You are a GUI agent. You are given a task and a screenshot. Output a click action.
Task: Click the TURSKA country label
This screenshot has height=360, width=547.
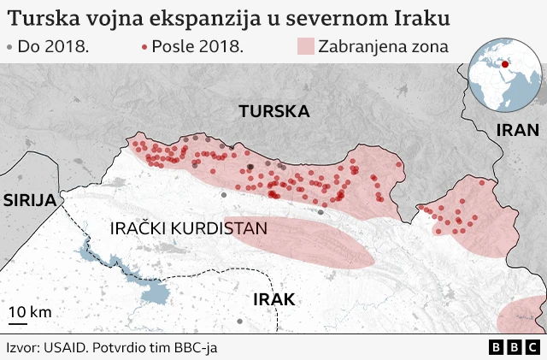pos(273,111)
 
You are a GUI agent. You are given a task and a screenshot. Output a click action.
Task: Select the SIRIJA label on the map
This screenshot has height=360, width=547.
pos(29,200)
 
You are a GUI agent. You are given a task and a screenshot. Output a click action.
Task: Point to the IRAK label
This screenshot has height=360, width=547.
pos(273,299)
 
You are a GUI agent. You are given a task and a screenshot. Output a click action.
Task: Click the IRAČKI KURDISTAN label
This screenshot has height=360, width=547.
pos(189,228)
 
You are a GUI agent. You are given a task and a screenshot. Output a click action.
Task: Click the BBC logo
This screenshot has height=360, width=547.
pos(515,347)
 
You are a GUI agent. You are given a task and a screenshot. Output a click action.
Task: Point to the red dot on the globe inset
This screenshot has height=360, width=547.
pos(504,62)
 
